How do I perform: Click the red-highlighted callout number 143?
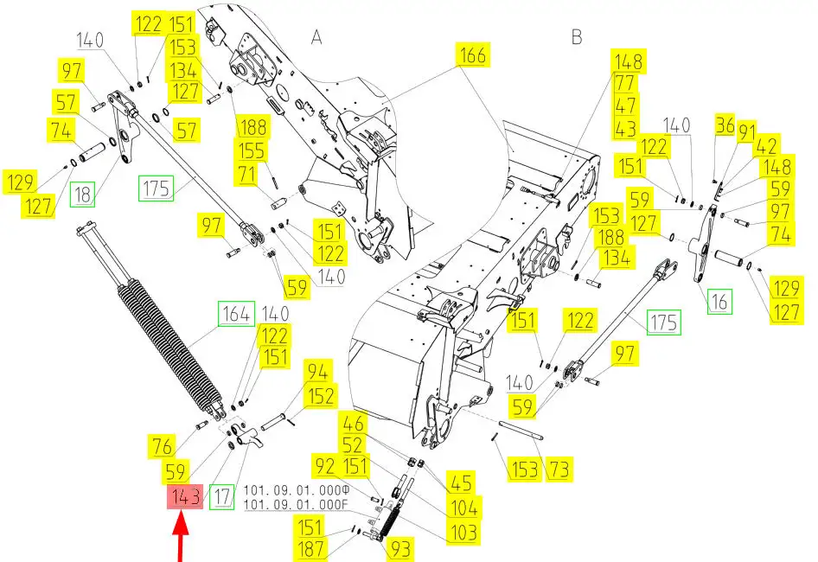(x=185, y=496)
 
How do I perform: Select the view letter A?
(x=316, y=37)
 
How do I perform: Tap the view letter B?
(x=577, y=36)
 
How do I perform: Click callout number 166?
(x=473, y=54)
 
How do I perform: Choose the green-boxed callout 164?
(x=236, y=314)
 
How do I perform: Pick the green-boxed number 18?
(x=83, y=195)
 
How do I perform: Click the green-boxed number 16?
(x=720, y=301)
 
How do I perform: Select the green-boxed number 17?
(x=221, y=496)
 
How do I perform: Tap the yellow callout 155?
(x=252, y=150)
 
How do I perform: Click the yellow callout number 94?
(x=317, y=372)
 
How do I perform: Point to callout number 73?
(x=559, y=469)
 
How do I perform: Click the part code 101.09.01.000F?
(x=296, y=505)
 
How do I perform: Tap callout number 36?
(x=725, y=125)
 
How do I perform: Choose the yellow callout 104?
(x=463, y=508)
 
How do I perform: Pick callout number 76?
(x=162, y=446)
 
